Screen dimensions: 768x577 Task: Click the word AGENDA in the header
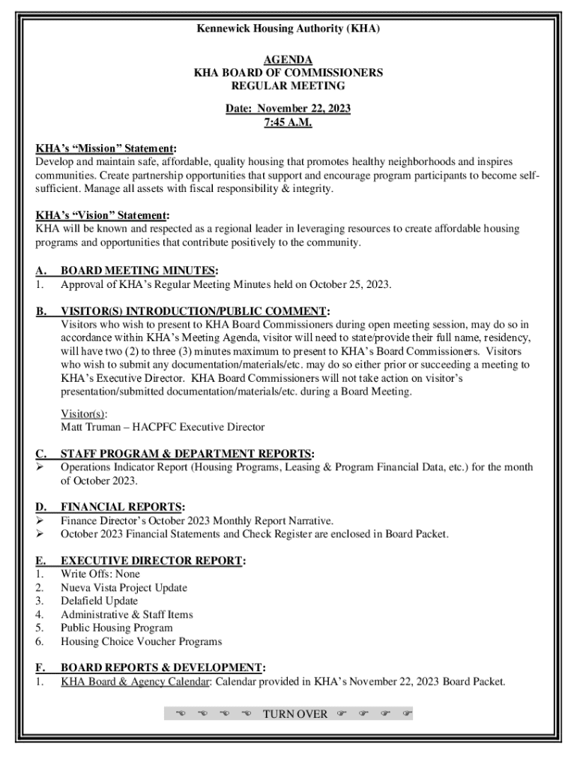click(x=288, y=60)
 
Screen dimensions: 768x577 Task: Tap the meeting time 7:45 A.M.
click(x=288, y=122)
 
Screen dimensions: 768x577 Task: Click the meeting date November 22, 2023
click(x=305, y=109)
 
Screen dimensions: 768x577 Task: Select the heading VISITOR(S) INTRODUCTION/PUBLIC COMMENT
click(x=194, y=311)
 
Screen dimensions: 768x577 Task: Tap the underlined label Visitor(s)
click(x=83, y=413)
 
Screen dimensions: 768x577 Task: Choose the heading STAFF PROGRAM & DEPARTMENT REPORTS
click(x=187, y=454)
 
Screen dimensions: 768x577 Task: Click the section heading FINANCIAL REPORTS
click(x=122, y=508)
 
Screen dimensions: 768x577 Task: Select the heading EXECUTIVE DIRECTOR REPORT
click(x=152, y=561)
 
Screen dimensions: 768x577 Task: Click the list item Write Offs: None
click(x=100, y=574)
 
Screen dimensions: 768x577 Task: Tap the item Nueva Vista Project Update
click(x=124, y=587)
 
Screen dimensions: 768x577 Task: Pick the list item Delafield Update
click(x=99, y=601)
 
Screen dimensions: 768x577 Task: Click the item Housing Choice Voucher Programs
click(x=141, y=641)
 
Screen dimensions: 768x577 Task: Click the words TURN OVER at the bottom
click(x=295, y=713)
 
